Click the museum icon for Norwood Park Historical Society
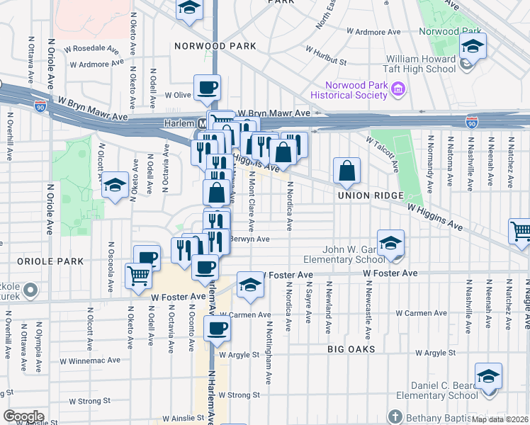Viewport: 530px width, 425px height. click(x=397, y=89)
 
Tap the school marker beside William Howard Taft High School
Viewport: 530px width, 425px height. click(x=473, y=47)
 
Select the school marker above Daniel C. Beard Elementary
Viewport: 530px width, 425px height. click(x=488, y=377)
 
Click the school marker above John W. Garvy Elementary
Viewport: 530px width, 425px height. click(x=390, y=244)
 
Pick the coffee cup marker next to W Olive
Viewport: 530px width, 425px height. click(x=207, y=89)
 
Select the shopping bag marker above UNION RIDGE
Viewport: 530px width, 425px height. click(x=347, y=171)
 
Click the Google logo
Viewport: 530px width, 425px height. click(x=23, y=416)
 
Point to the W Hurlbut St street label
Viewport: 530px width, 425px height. click(x=327, y=56)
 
